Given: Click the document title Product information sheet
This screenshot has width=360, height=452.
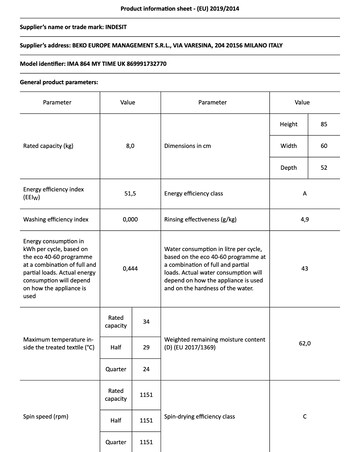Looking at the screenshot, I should click(179, 6).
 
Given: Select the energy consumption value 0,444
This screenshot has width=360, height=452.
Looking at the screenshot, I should click(129, 269).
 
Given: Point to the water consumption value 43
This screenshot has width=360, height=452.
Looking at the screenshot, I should click(303, 269).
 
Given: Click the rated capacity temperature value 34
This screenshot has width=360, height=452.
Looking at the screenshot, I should click(147, 322).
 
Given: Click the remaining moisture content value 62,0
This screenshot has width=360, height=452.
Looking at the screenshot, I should click(303, 344).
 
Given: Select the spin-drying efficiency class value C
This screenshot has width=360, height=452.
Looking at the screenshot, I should click(303, 415).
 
